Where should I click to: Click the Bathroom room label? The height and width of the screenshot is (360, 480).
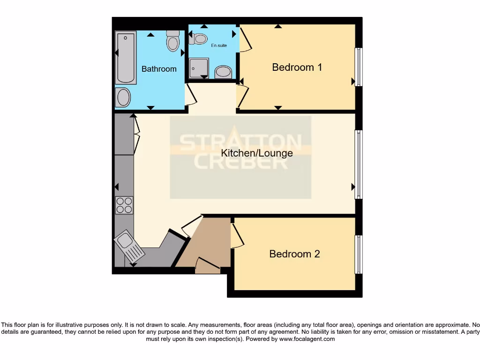[x=159, y=69]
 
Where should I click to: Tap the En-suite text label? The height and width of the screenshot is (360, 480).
[x=219, y=45]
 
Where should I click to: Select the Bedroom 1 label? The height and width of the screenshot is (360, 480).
[x=297, y=67]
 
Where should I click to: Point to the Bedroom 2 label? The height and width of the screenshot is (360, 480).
[x=294, y=254]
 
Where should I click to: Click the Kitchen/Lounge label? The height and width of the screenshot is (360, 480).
[x=257, y=153]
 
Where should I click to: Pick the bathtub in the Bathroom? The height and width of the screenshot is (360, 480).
[x=126, y=57]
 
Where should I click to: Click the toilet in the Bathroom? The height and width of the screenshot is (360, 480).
[x=173, y=41]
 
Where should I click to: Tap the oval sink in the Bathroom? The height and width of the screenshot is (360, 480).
[x=123, y=97]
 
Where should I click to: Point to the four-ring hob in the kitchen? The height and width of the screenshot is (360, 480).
[x=124, y=205]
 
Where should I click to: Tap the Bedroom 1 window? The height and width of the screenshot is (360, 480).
[x=359, y=67]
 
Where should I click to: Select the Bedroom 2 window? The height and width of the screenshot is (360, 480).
[x=359, y=255]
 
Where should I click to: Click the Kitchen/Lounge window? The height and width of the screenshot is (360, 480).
[x=359, y=165]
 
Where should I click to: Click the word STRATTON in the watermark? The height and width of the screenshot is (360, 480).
[x=240, y=142]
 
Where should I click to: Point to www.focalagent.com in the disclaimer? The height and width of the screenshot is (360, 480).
[x=307, y=339]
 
